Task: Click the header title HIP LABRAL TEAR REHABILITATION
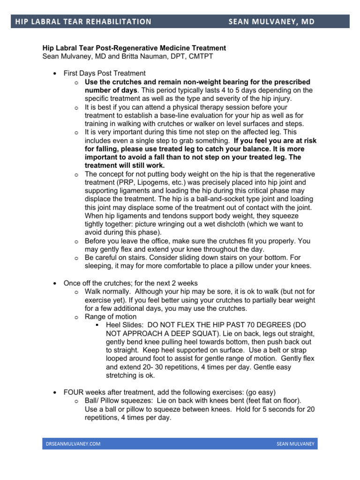pyautogui.click(x=83, y=22)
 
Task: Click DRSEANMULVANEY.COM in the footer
pyautogui.click(x=73, y=443)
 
